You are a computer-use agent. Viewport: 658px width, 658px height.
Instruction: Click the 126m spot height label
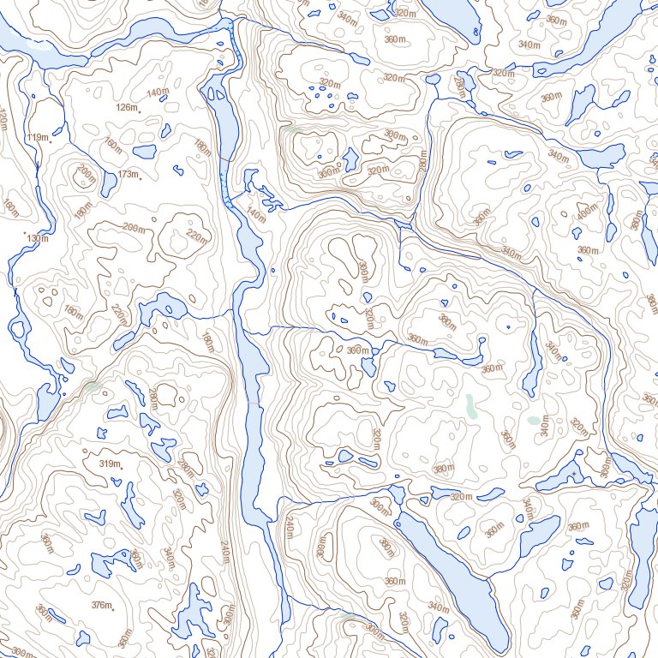(125, 108)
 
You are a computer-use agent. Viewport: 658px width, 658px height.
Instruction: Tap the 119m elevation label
(36, 137)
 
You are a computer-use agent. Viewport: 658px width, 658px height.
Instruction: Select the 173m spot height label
(127, 175)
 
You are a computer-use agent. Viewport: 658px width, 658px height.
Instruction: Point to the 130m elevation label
(36, 238)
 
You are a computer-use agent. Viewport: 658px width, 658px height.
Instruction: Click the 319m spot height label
(108, 464)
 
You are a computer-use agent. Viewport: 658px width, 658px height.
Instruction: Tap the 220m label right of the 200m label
(197, 236)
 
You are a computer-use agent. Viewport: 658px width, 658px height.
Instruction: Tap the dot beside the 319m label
(122, 468)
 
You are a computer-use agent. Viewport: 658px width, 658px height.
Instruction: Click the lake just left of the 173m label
(109, 182)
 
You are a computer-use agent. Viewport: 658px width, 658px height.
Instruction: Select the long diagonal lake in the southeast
(454, 574)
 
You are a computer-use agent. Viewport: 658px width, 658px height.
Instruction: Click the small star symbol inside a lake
(572, 474)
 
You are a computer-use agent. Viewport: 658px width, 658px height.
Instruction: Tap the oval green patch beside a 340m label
(534, 421)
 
